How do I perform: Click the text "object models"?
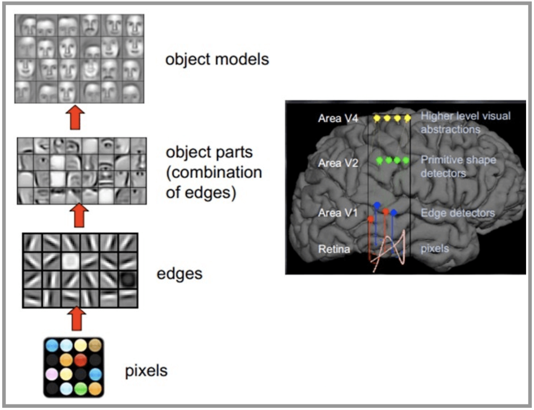point(217,59)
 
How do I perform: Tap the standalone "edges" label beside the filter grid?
point(180,274)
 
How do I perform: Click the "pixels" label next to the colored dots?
point(146,371)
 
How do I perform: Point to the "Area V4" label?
point(338,118)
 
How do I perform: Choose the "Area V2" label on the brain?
point(338,163)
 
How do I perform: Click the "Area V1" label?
point(337,213)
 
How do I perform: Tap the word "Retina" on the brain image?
point(334,249)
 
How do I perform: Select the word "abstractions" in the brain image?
point(450,129)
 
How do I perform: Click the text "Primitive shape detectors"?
point(458,166)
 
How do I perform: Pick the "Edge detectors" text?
point(458,213)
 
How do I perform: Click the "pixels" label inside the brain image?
point(435,249)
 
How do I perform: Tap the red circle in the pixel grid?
point(81,360)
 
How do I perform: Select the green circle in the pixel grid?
point(81,389)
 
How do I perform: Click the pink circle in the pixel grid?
point(52,374)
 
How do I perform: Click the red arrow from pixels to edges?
point(77,319)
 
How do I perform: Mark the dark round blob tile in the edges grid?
point(128,280)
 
